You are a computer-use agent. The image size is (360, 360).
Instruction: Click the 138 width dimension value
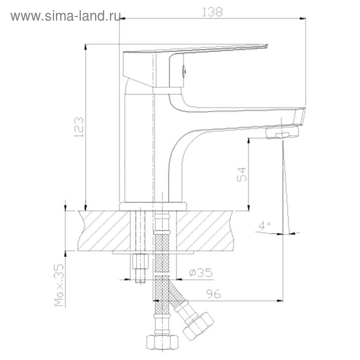point(212,12)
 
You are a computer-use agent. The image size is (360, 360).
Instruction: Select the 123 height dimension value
point(79,127)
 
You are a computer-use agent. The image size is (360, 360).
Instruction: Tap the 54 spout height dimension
point(242,174)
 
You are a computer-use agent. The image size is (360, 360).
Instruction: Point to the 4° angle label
point(264,226)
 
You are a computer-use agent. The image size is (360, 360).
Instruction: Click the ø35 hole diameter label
point(201,273)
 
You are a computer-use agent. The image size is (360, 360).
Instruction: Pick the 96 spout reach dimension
point(213,294)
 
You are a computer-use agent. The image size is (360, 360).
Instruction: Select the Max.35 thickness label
point(59,285)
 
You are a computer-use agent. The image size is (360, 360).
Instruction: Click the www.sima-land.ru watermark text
point(65,16)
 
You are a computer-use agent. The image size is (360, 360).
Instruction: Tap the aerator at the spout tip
point(282,133)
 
